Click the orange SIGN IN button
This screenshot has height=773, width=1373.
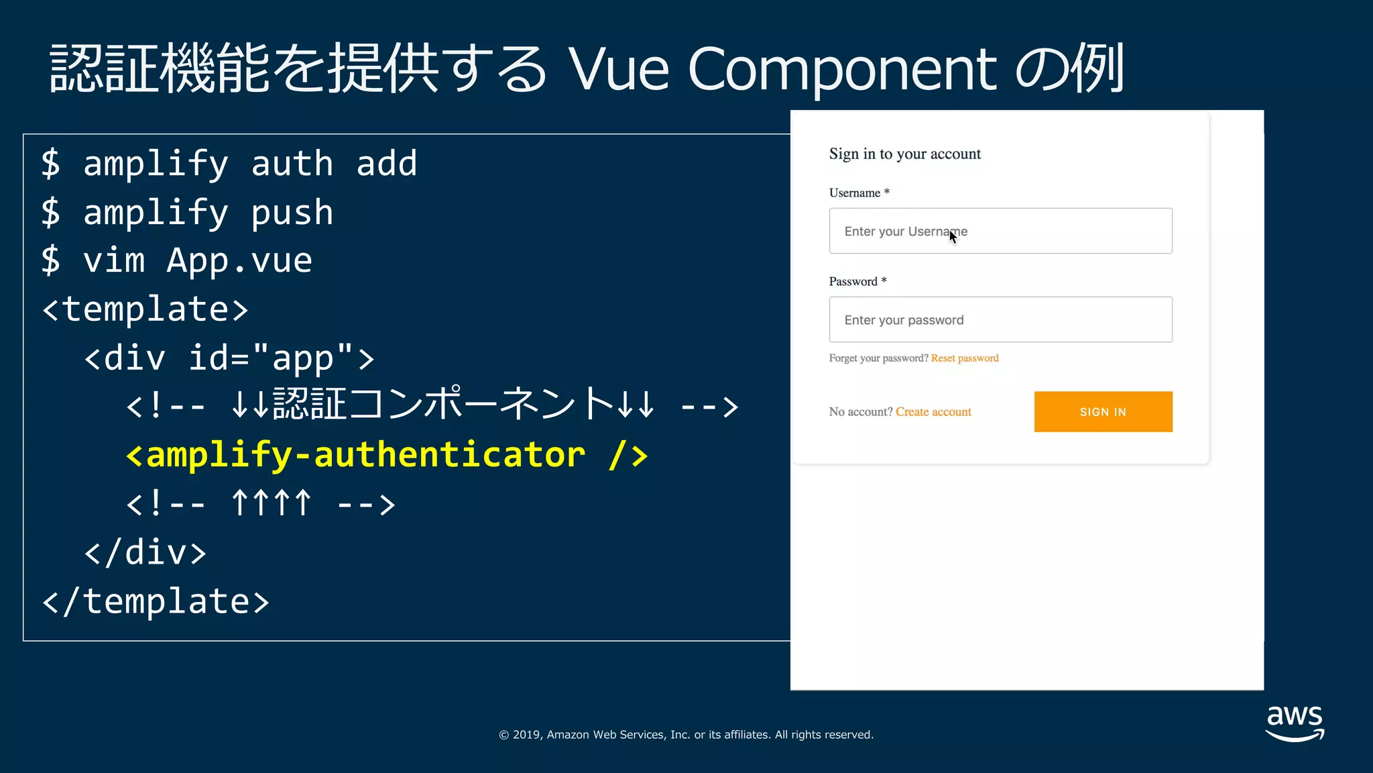(x=1103, y=411)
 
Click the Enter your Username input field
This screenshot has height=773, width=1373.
(x=1000, y=231)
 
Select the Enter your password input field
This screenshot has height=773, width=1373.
(x=1000, y=319)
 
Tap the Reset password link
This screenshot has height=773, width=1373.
(x=964, y=358)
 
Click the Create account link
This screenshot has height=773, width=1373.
(x=933, y=412)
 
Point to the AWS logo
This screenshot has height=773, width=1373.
(x=1295, y=723)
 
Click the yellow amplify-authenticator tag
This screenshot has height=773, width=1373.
(x=387, y=455)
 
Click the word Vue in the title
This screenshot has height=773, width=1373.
(x=618, y=69)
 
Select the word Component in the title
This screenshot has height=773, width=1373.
(x=843, y=69)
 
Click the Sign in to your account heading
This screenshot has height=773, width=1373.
(x=904, y=154)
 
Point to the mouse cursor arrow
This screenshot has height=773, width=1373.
(x=953, y=237)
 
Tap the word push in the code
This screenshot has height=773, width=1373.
(x=292, y=213)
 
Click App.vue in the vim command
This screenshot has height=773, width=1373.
(x=239, y=260)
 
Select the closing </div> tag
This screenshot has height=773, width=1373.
(x=145, y=552)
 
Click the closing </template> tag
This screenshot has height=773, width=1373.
(x=156, y=601)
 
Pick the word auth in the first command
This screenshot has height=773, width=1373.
(x=292, y=164)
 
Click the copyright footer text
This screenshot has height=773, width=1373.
(x=686, y=735)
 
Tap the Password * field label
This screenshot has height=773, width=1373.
(x=857, y=282)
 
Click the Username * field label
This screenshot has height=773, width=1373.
(x=859, y=193)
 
